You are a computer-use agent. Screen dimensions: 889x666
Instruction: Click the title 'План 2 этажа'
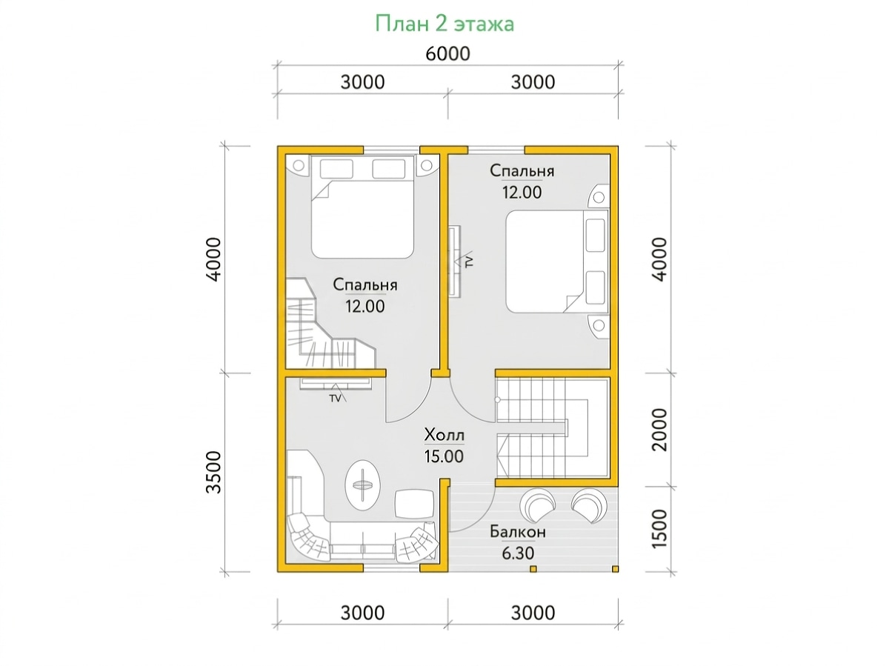coord(444,24)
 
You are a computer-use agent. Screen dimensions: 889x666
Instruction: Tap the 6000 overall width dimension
coord(447,54)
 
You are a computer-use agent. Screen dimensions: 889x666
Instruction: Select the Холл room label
coord(444,435)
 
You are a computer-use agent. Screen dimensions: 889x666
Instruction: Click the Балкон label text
coord(518,532)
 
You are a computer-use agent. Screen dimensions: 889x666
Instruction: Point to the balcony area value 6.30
coord(518,553)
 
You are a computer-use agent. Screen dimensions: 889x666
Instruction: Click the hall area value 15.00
coord(444,456)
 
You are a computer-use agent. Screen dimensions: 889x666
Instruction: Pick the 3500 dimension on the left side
coord(214,472)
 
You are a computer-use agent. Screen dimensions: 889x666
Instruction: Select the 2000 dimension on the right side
coord(659,430)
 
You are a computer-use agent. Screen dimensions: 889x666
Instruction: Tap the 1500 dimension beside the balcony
coord(659,529)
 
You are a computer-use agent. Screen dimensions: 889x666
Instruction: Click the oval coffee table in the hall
coord(362,486)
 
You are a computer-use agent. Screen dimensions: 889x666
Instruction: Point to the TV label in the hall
coord(335,399)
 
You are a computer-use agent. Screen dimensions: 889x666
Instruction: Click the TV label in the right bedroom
coord(470,262)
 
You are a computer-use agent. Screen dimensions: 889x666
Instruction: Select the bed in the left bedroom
coord(362,207)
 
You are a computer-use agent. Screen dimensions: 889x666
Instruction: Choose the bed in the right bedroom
coord(557,262)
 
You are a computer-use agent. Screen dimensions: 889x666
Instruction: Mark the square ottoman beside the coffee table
coord(414,504)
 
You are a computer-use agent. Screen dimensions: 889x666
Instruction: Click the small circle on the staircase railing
coord(497,400)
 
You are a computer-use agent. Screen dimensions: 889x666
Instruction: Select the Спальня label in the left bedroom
coord(365,285)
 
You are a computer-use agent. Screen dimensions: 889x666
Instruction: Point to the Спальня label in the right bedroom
coord(522,171)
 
